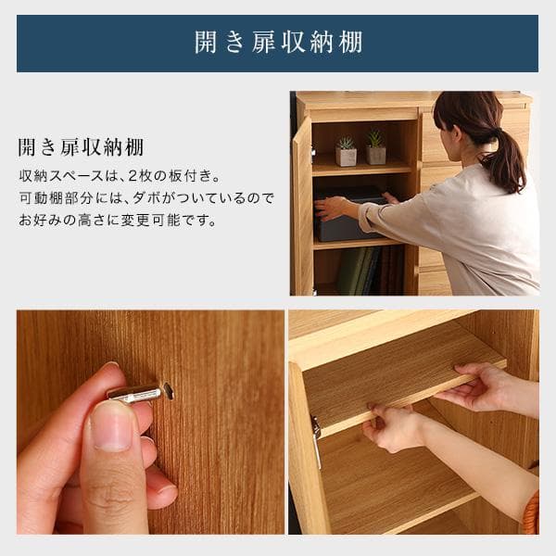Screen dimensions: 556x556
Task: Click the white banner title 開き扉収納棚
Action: pos(278,43)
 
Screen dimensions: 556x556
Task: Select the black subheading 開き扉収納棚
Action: pos(81,148)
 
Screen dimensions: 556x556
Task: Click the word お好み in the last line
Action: pos(40,221)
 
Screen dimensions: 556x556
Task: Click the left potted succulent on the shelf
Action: pos(346,151)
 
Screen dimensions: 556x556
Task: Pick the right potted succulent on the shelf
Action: pos(375,149)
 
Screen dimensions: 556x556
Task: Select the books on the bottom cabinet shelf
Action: pos(358,271)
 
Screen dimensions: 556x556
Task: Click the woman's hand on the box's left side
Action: pos(329,208)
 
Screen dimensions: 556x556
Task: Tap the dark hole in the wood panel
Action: pos(168,391)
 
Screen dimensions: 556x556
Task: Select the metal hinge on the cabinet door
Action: pos(316,440)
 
